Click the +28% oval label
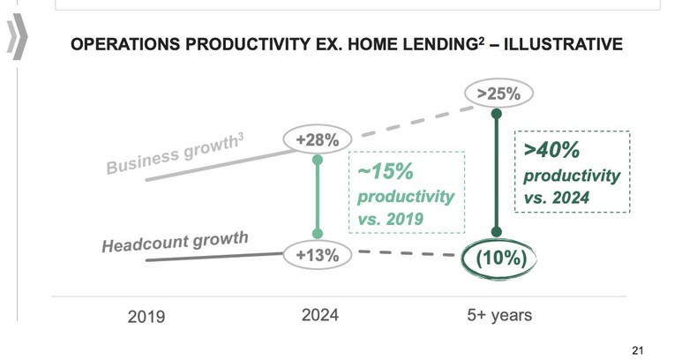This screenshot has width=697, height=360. [x=318, y=139]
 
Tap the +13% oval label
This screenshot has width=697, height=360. [x=318, y=255]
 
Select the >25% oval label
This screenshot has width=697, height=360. [x=499, y=92]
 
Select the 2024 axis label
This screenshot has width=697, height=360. [x=319, y=314]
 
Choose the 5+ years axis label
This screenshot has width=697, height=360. [x=499, y=314]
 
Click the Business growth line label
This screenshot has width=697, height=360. [x=175, y=154]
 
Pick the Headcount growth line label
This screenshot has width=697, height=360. [x=175, y=241]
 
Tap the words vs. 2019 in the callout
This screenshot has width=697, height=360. [x=393, y=218]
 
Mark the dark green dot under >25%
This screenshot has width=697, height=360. [x=497, y=114]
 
